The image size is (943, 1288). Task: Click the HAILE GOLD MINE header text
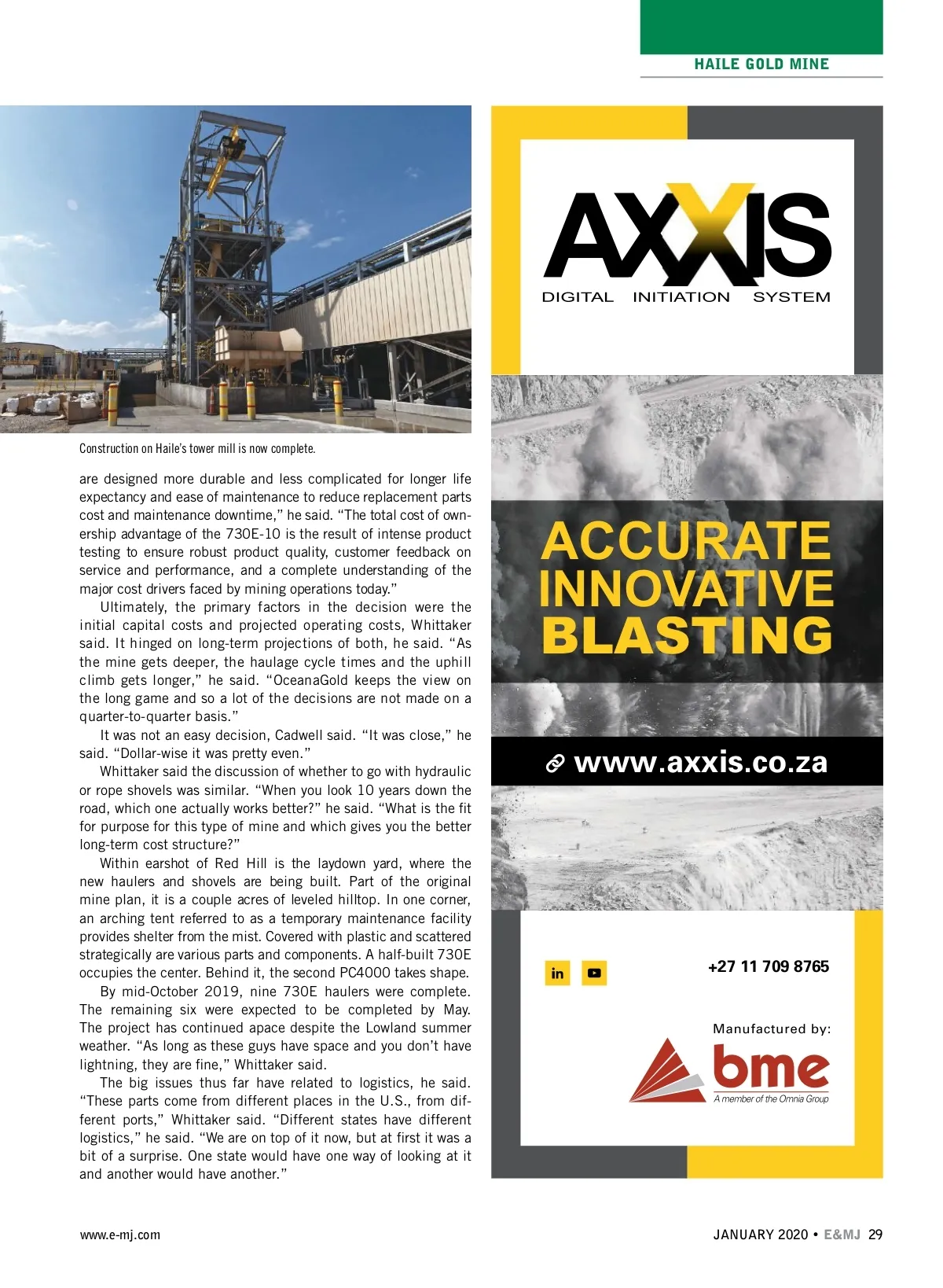pos(761,64)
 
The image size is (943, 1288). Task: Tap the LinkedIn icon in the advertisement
pos(557,973)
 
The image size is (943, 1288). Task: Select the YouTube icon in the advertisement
pos(594,973)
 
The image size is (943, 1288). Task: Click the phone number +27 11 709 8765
pos(768,966)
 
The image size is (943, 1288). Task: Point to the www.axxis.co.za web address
pos(700,762)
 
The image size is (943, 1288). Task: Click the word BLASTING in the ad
pos(686,635)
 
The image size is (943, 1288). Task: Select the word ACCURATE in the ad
pos(686,541)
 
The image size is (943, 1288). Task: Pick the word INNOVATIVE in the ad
pos(686,588)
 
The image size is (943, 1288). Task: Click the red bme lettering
pos(770,1067)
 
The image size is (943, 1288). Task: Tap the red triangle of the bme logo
pos(665,1071)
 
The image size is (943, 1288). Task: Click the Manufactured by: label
pos(771,1029)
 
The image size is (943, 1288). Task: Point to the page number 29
pos(875,1235)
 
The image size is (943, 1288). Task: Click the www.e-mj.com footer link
pos(119,1235)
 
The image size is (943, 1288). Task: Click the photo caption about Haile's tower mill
pos(197,449)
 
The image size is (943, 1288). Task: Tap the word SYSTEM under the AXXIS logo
pos(791,297)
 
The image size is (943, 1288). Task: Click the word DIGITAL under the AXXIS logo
pos(578,297)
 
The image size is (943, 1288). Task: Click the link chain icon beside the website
pos(556,764)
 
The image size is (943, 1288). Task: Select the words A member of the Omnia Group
pos(771,1099)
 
